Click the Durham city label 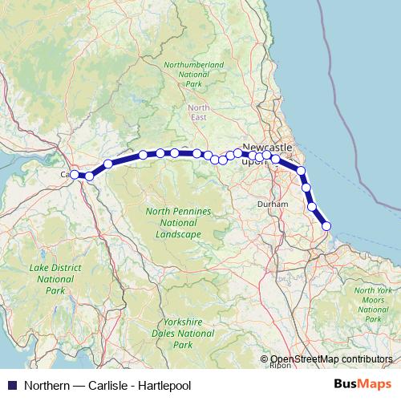tap(266, 205)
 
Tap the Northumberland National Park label tap(193, 73)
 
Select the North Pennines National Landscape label tap(179, 222)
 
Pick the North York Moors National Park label tap(373, 304)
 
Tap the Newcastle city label tap(267, 148)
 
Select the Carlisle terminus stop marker tap(74, 174)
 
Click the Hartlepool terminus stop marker tap(326, 226)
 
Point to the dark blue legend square tap(10, 384)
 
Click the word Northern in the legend tap(43, 384)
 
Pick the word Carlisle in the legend tap(107, 384)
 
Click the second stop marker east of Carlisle tap(108, 164)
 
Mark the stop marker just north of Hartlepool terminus tap(313, 206)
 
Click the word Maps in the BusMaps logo tap(375, 384)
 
